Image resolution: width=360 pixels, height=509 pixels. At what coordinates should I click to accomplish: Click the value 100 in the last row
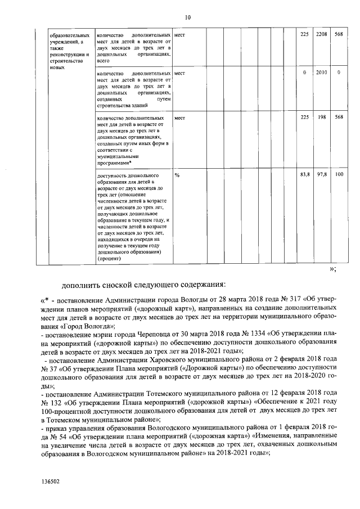[x=339, y=175]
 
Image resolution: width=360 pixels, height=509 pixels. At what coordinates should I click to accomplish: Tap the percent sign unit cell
[x=177, y=175]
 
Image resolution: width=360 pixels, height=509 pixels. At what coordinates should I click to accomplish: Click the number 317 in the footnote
[x=294, y=301]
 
